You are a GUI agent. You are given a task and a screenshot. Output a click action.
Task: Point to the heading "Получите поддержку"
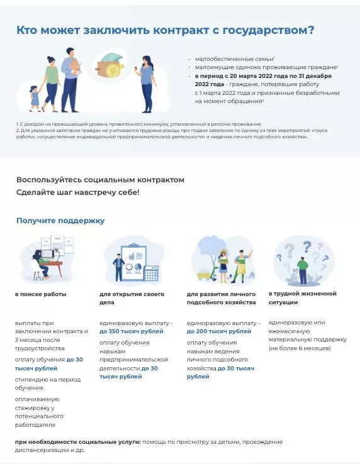pos(60,221)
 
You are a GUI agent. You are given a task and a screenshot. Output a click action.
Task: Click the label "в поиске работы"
pos(41,294)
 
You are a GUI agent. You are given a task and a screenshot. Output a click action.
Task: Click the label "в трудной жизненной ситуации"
pos(302,297)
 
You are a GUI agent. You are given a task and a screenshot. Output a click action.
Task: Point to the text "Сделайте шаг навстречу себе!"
pos(78,192)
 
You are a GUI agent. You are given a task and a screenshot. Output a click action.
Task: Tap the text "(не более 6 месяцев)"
pos(299,348)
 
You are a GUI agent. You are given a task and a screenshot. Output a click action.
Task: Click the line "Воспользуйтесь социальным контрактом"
pos(101,180)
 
